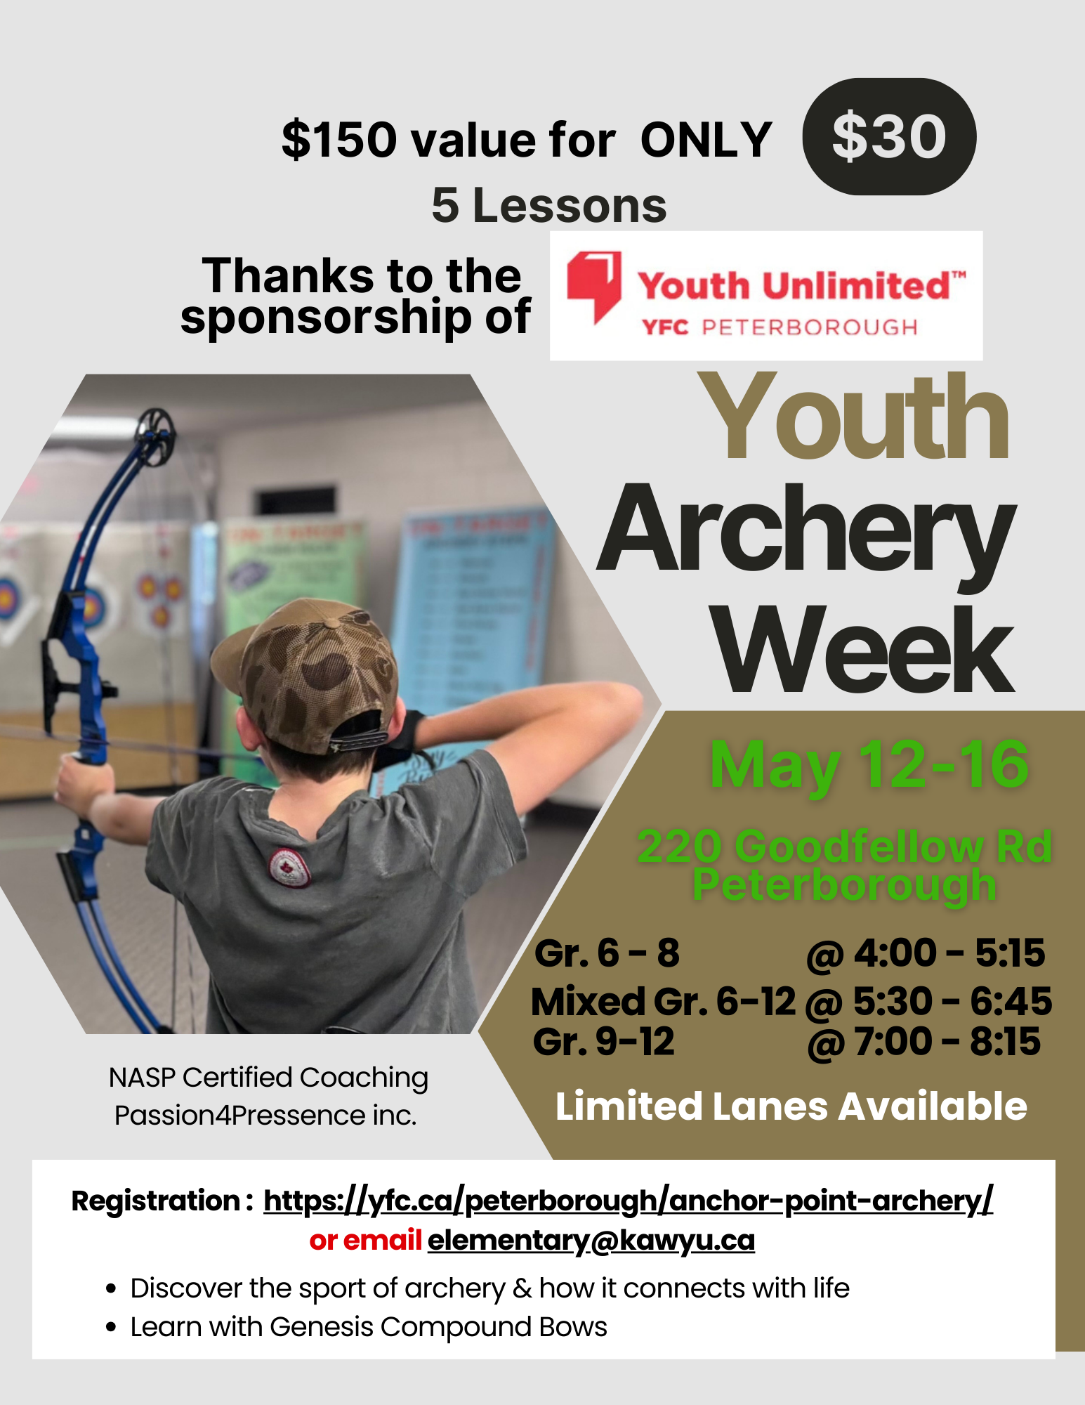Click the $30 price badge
(x=889, y=136)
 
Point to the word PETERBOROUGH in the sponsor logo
(x=810, y=327)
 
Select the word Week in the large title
(x=863, y=650)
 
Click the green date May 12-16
(x=869, y=766)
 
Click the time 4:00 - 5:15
(x=949, y=953)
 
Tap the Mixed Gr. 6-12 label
(x=664, y=1001)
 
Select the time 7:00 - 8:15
(x=947, y=1041)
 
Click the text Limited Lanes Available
(x=791, y=1106)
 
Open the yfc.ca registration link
(x=629, y=1201)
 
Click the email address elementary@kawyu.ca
(x=591, y=1241)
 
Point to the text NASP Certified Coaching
(x=268, y=1078)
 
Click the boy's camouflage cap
(x=308, y=671)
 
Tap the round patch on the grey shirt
(x=290, y=868)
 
